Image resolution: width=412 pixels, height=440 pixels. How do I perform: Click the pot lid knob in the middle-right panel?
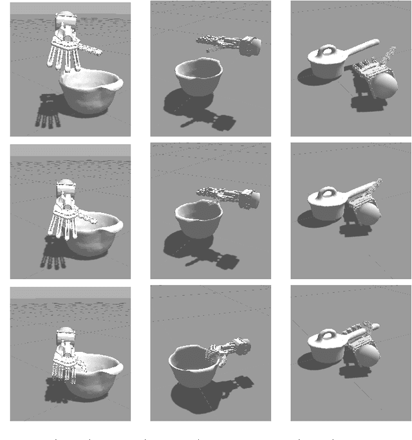pos(325,192)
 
